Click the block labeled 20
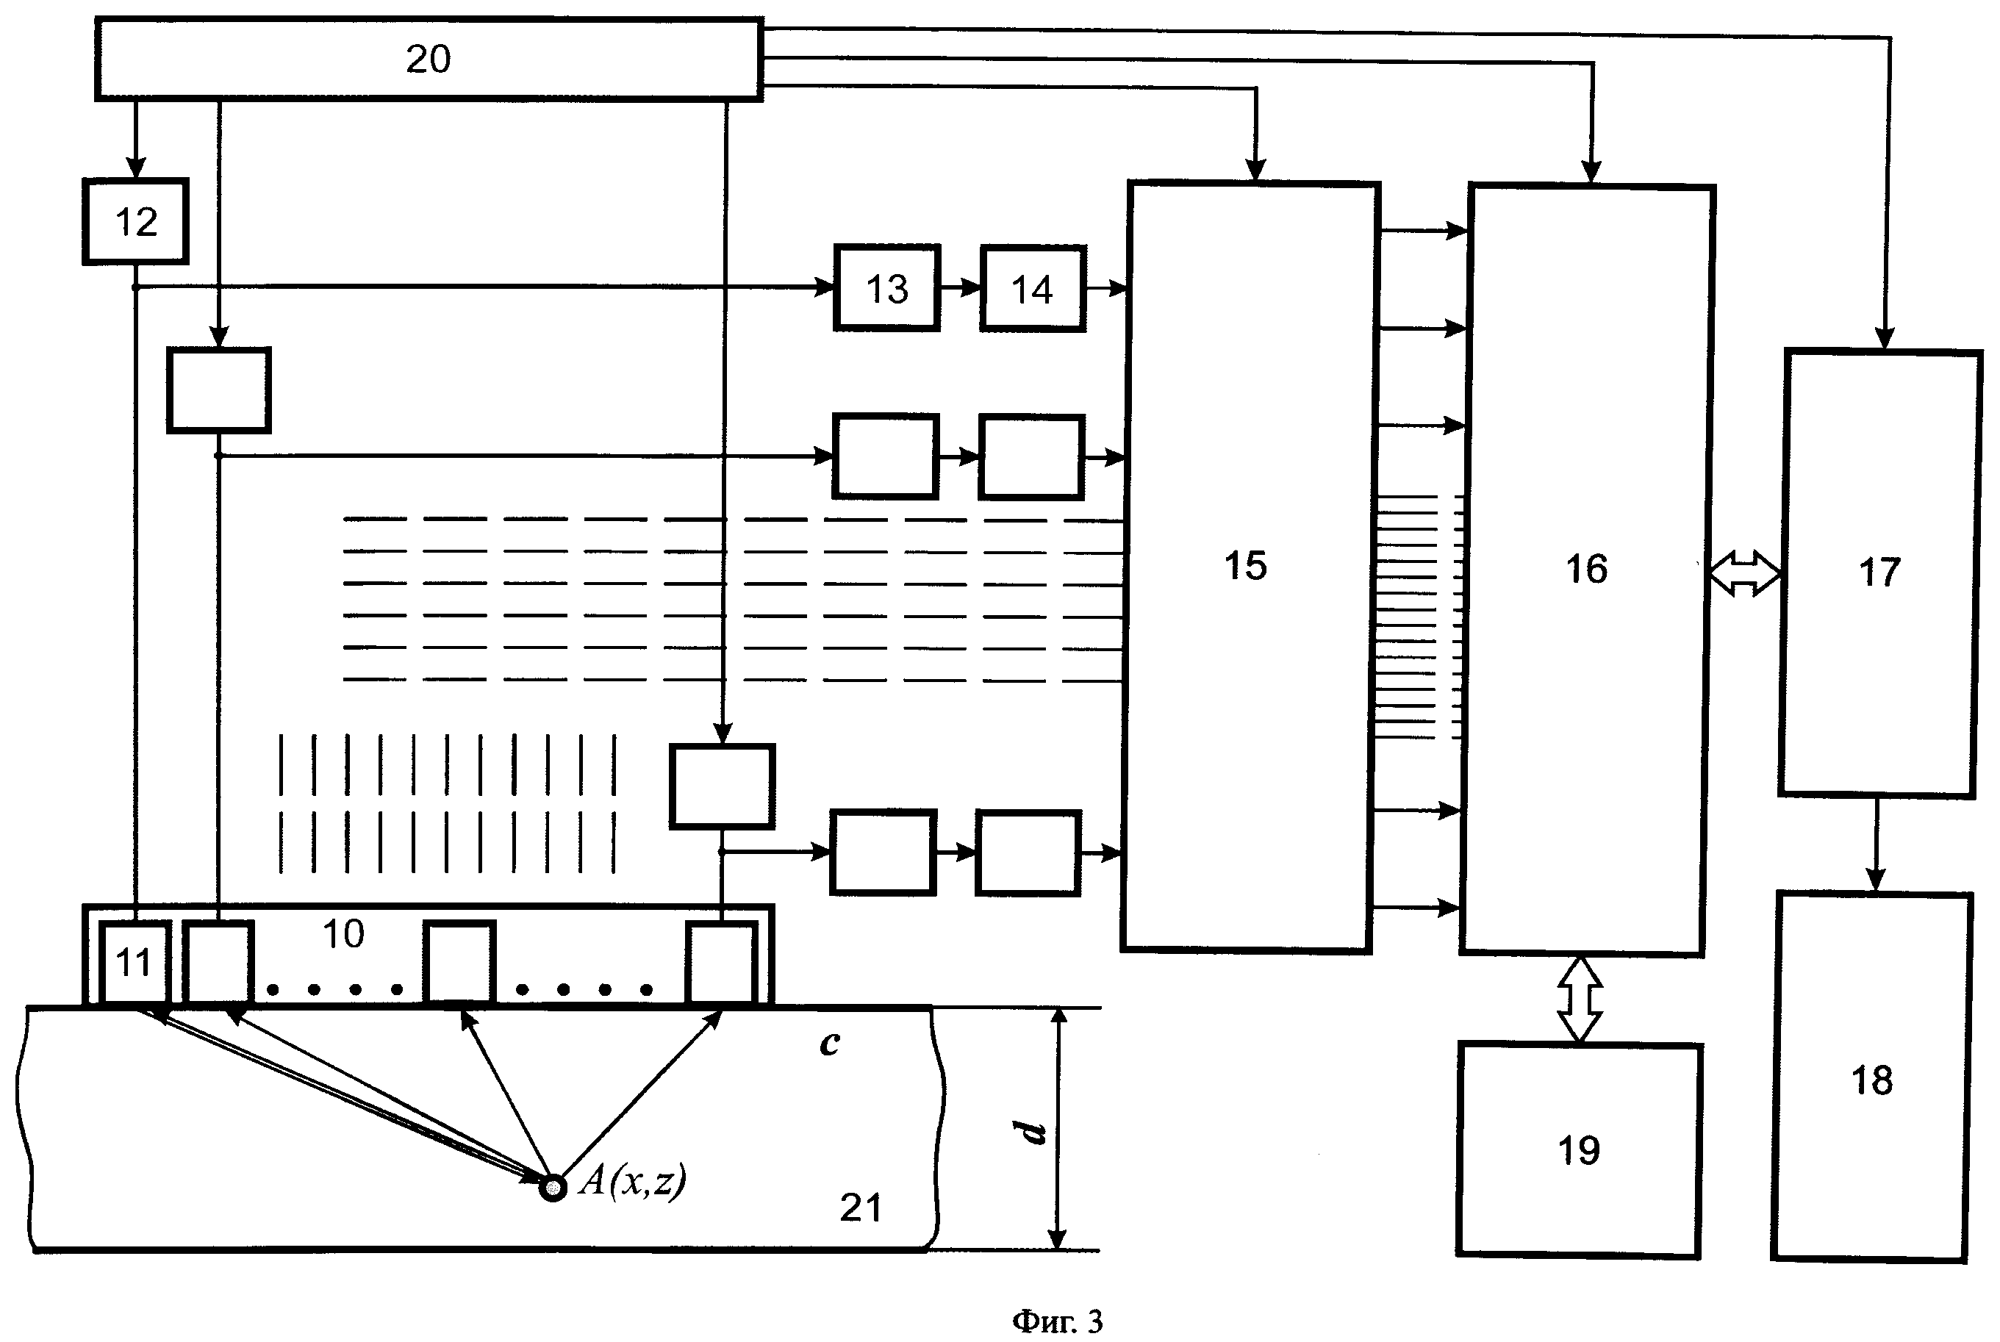coord(428,59)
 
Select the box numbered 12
coord(136,222)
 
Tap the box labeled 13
coord(886,288)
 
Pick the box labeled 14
coord(1032,290)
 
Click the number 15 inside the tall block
coord(1245,566)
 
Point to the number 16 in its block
coord(1585,569)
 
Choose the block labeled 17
coord(1879,573)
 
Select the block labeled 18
coord(1871,1080)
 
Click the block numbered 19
coord(1578,1149)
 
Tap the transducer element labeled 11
coord(135,962)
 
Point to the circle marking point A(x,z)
coord(553,1188)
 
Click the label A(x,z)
coord(632,1181)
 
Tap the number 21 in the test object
coord(860,1208)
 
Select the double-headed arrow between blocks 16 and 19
coord(1580,999)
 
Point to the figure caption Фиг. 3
coord(1057,1321)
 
